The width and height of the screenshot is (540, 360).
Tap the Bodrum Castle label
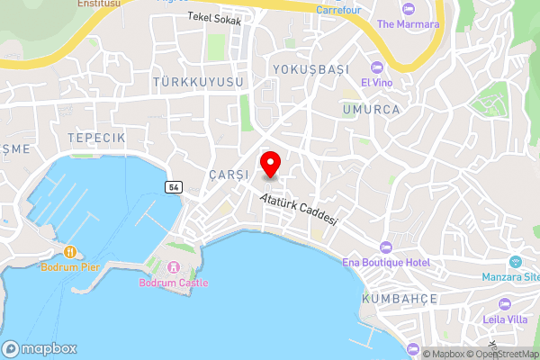pos(173,283)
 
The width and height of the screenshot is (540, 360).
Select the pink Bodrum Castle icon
pos(173,267)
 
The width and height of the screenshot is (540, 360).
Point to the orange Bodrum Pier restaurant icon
pos(69,251)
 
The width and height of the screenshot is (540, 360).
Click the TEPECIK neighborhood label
pos(95,136)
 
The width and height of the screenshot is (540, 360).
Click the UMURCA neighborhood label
pos(369,108)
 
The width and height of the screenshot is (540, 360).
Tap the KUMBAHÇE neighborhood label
pos(399,298)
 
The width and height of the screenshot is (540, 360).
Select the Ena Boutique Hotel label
pos(386,262)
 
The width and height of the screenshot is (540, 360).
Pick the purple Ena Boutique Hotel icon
pos(386,247)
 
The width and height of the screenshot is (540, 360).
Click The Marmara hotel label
pos(408,24)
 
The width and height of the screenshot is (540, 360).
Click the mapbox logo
pos(40,349)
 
